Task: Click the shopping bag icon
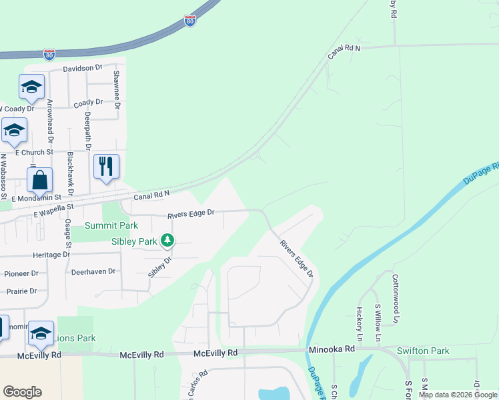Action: (x=39, y=180)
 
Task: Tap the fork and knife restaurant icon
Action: (x=106, y=167)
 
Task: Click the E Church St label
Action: (x=33, y=153)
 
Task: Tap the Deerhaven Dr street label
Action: (x=93, y=272)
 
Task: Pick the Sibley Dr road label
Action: (x=155, y=267)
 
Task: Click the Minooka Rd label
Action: (x=332, y=349)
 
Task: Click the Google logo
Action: (x=22, y=392)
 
